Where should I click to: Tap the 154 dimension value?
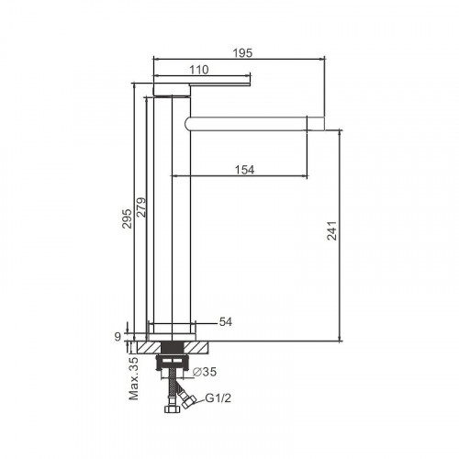244,169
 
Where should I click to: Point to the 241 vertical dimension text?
331,233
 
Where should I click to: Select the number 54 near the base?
226,322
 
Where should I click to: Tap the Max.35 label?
134,378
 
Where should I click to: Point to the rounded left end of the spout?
189,121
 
